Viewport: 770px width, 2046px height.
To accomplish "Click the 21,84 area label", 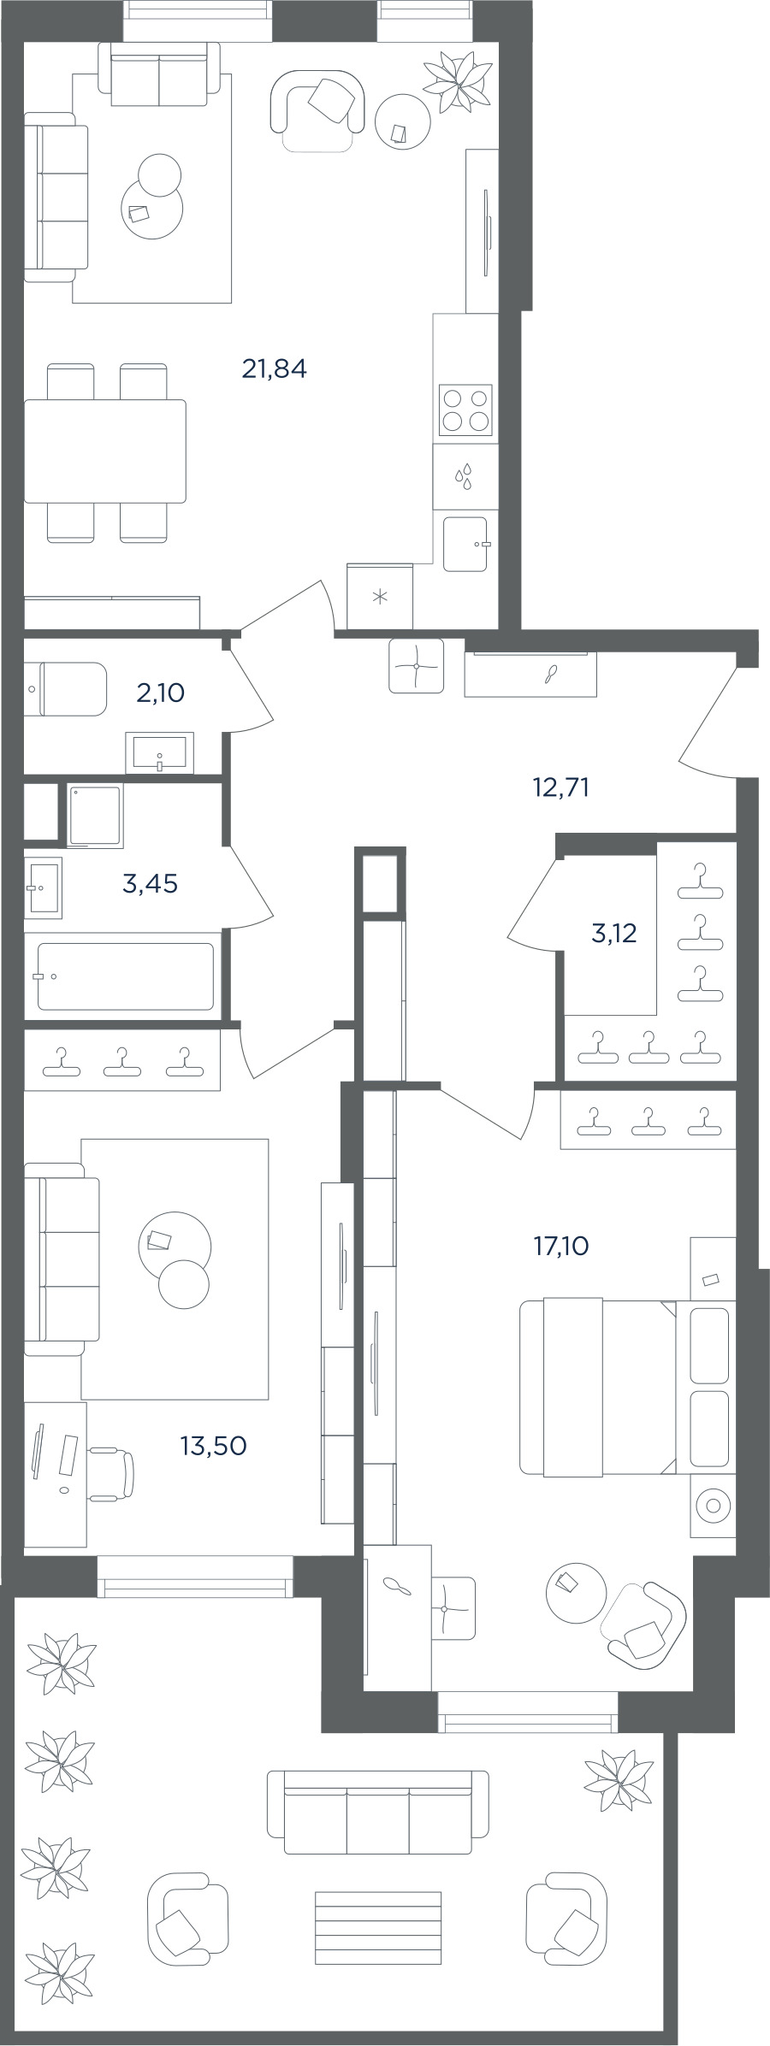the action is (274, 369).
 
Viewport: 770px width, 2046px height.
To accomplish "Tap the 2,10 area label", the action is (160, 693).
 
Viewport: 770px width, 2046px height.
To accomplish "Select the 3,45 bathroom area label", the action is (150, 883).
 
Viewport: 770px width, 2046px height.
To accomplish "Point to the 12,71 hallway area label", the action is (560, 787).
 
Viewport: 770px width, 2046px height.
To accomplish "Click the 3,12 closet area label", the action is (613, 933).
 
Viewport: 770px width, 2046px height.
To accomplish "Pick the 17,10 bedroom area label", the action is (561, 1246).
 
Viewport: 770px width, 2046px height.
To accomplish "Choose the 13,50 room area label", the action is (213, 1446).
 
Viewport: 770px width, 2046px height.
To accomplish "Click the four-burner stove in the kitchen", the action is (465, 410).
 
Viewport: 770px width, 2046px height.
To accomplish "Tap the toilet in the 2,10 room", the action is (65, 688).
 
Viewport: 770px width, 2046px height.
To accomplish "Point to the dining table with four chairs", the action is (105, 452).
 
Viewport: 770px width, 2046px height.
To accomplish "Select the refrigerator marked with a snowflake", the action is (380, 596).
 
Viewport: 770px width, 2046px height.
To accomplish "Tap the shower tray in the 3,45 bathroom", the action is (95, 816).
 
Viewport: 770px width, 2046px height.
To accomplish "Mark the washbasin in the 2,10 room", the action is (160, 753).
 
